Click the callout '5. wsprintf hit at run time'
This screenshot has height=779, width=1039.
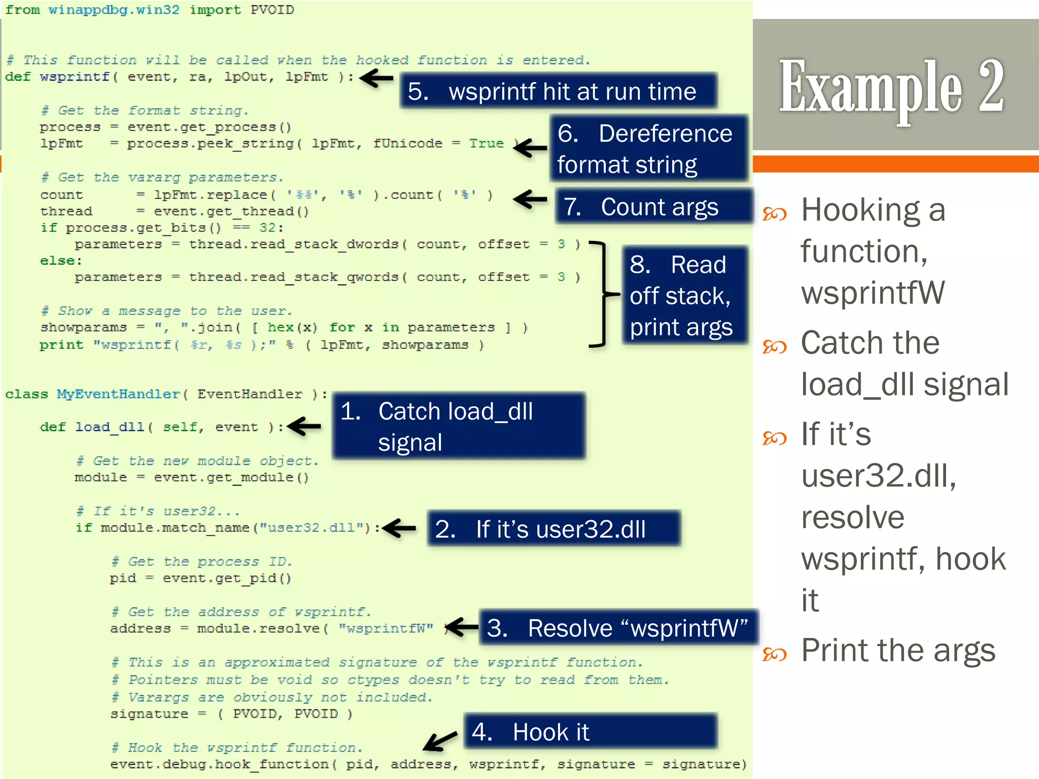point(558,91)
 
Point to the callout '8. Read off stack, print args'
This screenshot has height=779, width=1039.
point(685,296)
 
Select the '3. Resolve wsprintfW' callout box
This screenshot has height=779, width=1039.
point(617,628)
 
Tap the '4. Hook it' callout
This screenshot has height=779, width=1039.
point(590,732)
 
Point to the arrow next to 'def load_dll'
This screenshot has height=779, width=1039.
point(305,426)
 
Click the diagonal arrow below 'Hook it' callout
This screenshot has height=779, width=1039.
point(440,741)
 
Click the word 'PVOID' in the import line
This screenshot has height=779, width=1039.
point(272,10)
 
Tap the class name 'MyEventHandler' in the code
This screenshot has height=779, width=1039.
point(118,394)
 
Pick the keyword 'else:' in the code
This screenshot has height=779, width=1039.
point(61,261)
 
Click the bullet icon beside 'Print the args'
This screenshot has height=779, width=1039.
point(774,654)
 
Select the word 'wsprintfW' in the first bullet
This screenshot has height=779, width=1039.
point(873,293)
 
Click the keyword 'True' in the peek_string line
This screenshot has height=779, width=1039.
point(486,144)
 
